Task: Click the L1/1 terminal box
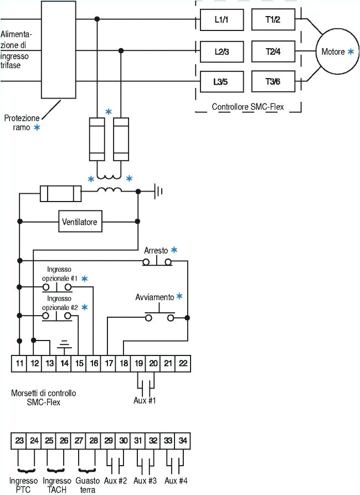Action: click(222, 20)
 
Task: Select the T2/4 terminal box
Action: click(272, 51)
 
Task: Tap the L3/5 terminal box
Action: click(222, 82)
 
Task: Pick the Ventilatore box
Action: click(79, 223)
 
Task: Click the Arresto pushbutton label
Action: click(156, 250)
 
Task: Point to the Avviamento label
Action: click(155, 297)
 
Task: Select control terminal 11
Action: click(19, 363)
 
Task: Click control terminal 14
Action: click(64, 363)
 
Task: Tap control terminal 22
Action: click(183, 363)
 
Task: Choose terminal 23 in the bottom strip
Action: click(19, 441)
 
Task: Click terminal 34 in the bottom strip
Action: click(183, 441)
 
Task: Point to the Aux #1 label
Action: click(146, 400)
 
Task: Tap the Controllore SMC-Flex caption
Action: click(248, 107)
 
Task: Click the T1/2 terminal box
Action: click(272, 20)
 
